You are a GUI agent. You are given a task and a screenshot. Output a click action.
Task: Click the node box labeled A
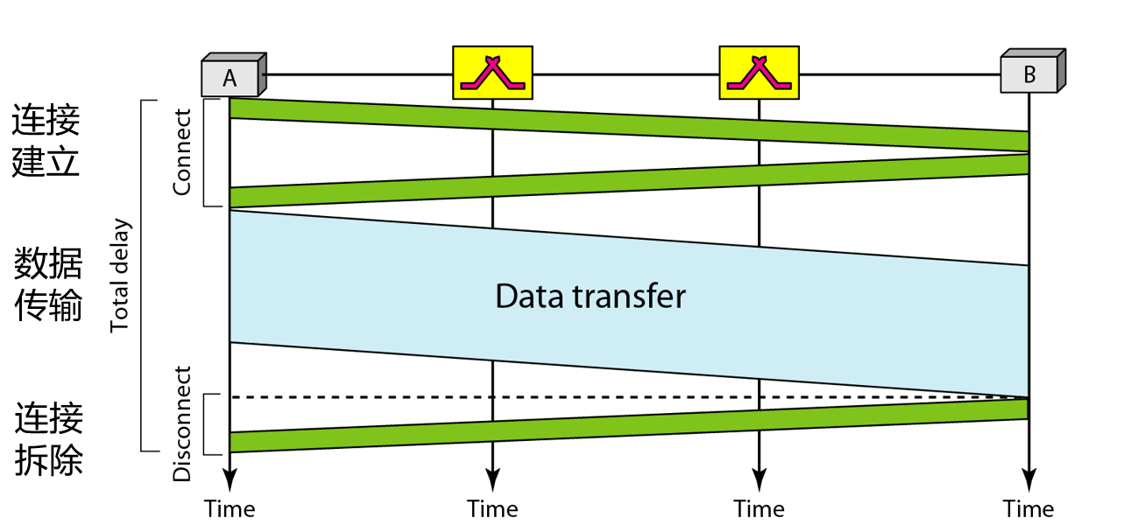click(x=230, y=77)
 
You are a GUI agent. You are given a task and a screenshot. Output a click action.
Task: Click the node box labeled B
click(x=1030, y=74)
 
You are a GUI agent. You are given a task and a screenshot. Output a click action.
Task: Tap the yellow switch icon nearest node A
click(x=492, y=72)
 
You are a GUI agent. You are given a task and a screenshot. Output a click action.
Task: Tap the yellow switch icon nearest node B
click(x=759, y=72)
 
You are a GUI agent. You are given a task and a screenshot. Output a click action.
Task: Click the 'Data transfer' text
click(x=590, y=296)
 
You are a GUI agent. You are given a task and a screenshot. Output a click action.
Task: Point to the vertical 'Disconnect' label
click(x=182, y=423)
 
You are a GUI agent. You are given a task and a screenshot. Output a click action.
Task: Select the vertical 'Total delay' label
click(x=119, y=276)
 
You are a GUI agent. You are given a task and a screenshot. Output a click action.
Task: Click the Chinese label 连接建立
click(x=46, y=140)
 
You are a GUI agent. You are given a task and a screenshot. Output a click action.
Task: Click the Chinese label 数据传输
click(x=48, y=284)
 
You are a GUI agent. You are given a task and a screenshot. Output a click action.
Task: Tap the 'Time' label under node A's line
click(x=230, y=508)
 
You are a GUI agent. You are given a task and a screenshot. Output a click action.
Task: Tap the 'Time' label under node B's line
click(x=1029, y=508)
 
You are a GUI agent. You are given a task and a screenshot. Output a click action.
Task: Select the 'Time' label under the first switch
click(x=492, y=508)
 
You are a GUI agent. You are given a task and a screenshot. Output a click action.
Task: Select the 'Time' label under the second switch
click(x=759, y=508)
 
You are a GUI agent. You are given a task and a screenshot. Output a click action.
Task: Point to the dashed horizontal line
click(x=613, y=397)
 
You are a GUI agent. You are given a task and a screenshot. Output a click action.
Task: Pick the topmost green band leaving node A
click(x=613, y=125)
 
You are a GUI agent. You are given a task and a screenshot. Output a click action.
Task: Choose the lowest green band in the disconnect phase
click(x=613, y=425)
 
